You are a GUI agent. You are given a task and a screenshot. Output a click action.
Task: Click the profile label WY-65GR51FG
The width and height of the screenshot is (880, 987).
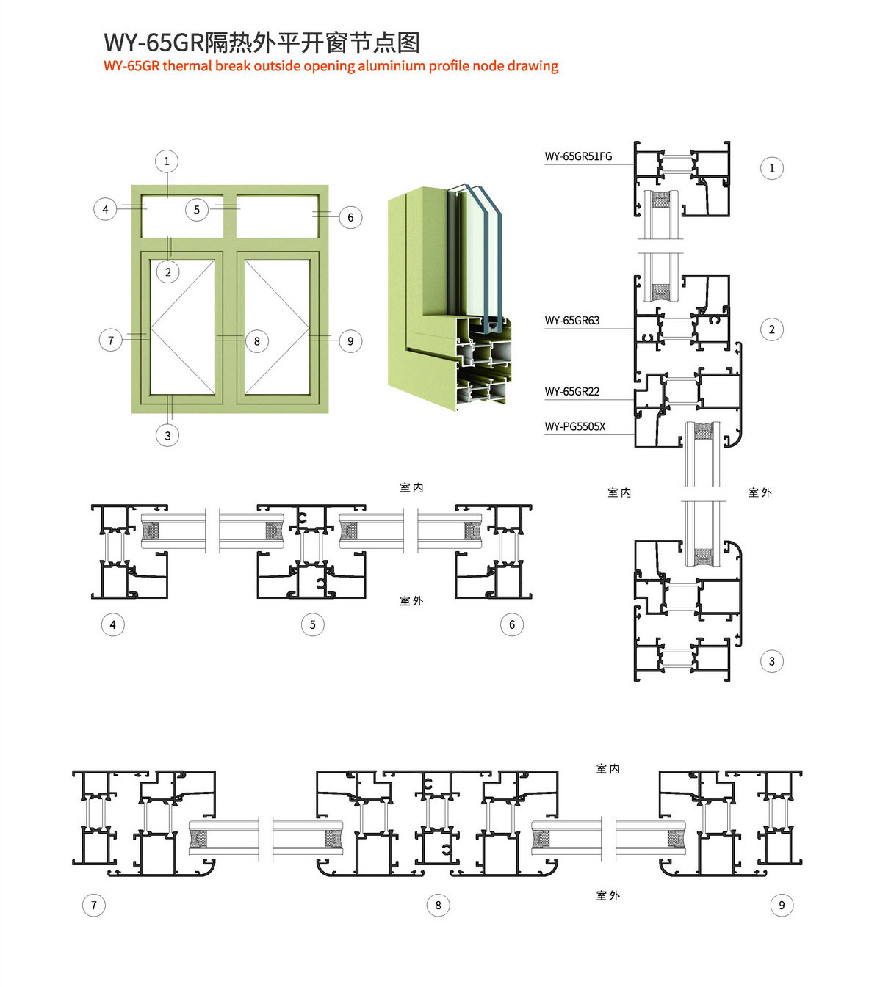578,156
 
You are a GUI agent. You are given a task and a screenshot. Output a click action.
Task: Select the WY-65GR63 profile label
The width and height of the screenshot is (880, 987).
571,321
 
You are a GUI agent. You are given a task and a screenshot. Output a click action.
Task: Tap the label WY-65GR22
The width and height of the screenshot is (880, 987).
571,392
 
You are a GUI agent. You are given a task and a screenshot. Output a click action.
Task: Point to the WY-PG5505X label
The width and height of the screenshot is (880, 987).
574,427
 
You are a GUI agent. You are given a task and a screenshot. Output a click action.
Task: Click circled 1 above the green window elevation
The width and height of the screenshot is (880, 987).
167,161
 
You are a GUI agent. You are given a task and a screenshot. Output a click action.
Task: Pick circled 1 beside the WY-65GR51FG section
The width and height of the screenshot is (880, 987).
772,169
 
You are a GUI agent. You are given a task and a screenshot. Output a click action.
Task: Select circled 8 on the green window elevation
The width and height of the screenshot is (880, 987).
257,341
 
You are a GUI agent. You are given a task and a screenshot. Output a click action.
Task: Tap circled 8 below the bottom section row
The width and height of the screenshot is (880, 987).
438,905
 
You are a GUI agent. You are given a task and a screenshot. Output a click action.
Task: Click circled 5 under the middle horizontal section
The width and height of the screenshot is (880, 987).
313,624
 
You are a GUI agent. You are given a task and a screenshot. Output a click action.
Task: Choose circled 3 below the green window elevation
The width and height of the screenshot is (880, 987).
167,435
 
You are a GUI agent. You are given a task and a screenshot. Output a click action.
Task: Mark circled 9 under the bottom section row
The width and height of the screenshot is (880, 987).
782,905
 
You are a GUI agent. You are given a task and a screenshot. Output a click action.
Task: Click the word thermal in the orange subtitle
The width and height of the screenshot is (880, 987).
187,66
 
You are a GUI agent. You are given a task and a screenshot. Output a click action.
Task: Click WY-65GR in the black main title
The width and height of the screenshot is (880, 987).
154,43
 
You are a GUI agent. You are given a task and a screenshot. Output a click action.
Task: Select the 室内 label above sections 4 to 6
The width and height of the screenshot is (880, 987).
411,488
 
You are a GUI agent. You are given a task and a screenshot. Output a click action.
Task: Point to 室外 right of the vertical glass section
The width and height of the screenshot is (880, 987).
760,492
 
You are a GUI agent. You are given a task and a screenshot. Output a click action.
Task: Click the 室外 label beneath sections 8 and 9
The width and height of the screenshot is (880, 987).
607,895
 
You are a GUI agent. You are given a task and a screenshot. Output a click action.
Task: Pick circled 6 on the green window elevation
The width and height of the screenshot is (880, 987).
350,217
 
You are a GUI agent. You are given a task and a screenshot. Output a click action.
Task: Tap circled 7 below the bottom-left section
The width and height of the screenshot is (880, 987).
94,905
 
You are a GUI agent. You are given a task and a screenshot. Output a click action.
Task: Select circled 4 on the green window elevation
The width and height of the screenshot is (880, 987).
105,209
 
